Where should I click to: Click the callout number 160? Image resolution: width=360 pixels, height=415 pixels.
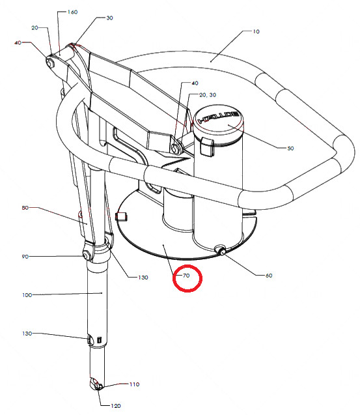coord(72,12)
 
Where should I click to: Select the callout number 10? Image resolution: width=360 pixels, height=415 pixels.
coord(256,31)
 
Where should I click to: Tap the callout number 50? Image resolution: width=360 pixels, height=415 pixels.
coord(290,149)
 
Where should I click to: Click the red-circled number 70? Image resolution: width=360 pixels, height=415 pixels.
coord(186,276)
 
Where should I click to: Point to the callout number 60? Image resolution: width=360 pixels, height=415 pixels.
coord(269,276)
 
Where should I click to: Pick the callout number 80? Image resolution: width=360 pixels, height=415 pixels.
coord(25,208)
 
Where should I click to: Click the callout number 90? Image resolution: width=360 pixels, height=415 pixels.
coord(25,257)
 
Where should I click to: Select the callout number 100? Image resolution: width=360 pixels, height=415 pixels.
coord(27,295)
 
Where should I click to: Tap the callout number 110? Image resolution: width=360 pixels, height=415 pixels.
coord(134,384)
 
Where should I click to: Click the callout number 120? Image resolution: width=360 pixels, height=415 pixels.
coord(116,406)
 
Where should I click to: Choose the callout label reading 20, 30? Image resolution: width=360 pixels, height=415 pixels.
coord(208,94)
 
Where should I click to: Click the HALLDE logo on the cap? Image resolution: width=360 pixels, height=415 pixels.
coord(219,118)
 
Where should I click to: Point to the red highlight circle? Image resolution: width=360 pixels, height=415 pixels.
coord(187,278)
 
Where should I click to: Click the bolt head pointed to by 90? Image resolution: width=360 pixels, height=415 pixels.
coord(86,256)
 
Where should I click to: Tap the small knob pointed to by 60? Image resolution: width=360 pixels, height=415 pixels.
coord(221,250)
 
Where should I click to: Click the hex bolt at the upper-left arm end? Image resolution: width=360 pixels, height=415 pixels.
coord(50,63)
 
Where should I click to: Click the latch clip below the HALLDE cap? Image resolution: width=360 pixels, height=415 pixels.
coord(206,147)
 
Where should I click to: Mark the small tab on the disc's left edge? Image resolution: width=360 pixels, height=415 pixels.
coord(121,216)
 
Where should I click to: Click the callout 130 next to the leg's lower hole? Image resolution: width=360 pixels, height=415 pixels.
coord(27,334)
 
